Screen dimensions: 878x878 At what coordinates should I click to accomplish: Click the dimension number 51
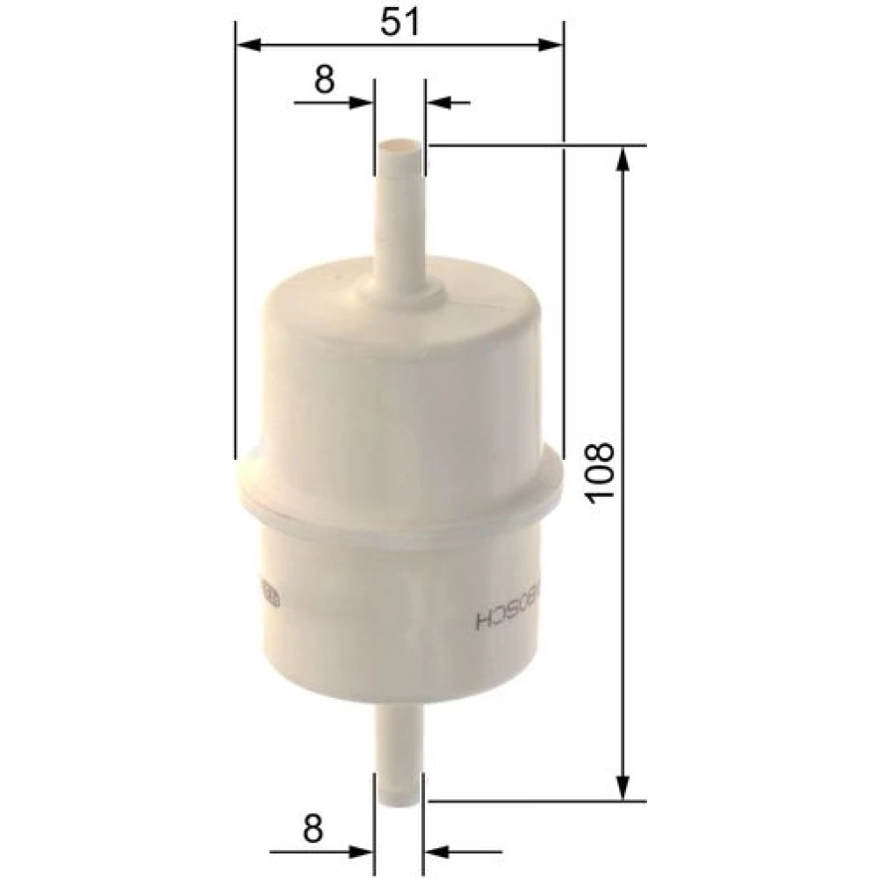pos(399,23)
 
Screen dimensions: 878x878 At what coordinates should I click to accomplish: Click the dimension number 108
pos(601,472)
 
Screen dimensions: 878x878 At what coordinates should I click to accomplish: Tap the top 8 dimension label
pos(325,79)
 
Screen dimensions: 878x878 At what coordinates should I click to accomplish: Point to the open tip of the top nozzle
pos(399,148)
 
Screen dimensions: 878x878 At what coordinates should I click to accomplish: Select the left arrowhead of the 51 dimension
pos(249,46)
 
